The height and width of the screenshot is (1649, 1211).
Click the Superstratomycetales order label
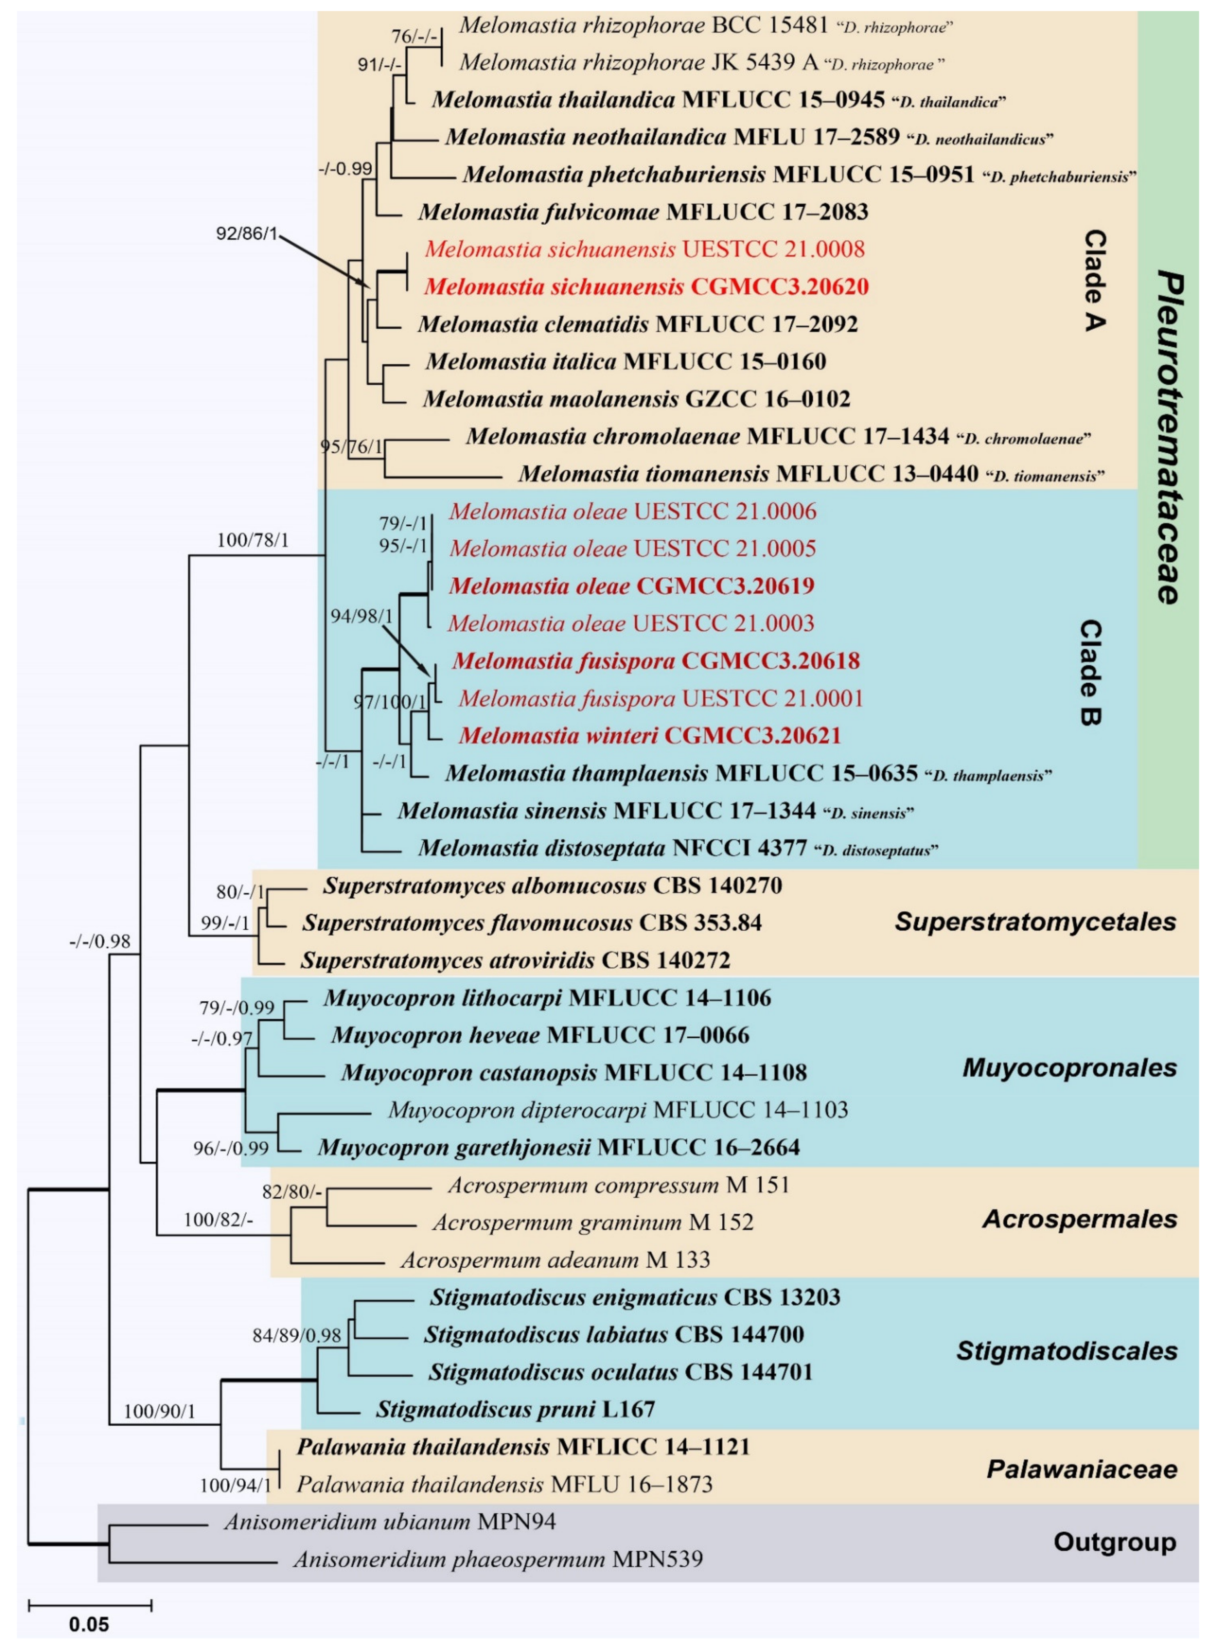[x=1035, y=922]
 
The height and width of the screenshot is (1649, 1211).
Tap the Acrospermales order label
[x=1079, y=1219]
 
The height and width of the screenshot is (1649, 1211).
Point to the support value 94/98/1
[x=361, y=617]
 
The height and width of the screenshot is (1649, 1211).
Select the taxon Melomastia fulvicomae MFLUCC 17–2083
[x=643, y=212]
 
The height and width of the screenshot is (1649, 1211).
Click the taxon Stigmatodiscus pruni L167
[x=515, y=1409]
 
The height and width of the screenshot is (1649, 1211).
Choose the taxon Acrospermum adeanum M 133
[x=555, y=1260]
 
